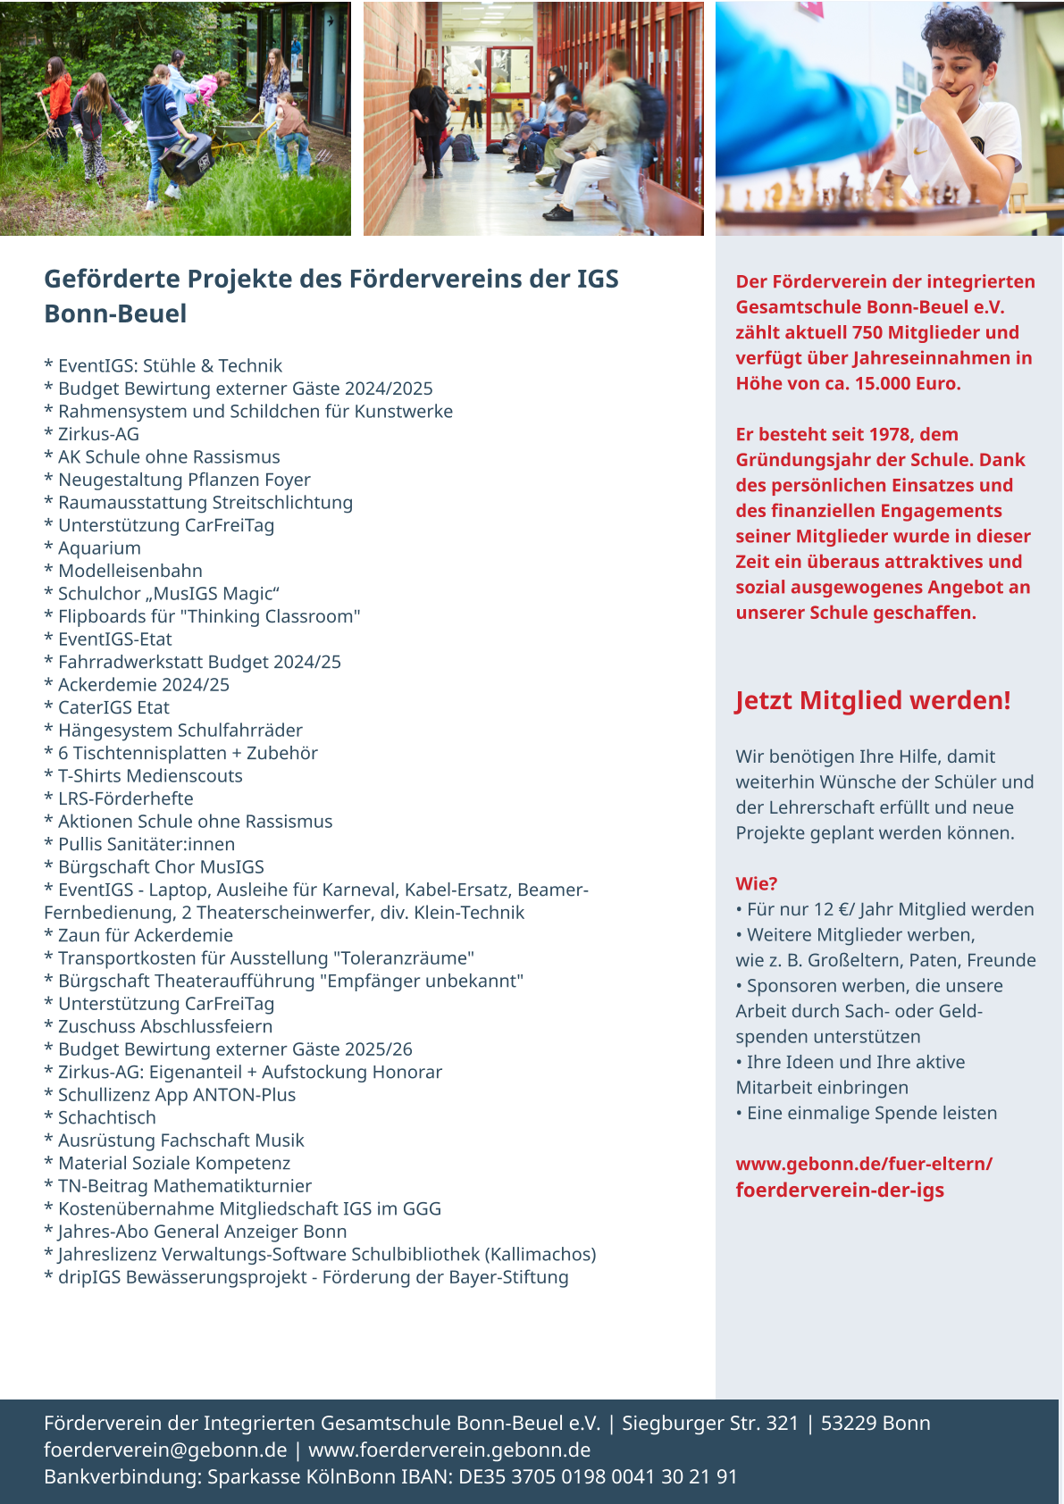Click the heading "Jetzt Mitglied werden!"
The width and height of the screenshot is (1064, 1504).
coord(873,700)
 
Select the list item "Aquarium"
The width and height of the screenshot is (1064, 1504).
coord(99,548)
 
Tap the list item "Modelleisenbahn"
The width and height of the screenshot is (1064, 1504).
coord(130,571)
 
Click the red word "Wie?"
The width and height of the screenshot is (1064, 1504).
coord(756,883)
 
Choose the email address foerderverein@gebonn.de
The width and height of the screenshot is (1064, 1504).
coord(165,1450)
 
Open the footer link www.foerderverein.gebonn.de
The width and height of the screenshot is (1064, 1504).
coord(449,1450)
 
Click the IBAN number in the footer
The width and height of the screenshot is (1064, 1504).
coord(598,1476)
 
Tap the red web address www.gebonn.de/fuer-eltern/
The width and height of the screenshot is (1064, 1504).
coord(864,1164)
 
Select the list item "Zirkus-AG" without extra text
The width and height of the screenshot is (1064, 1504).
coord(98,434)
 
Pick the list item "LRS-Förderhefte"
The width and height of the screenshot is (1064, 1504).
coord(125,798)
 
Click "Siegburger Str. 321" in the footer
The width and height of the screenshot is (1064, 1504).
coord(709,1423)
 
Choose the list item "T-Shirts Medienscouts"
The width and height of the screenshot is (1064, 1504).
coord(150,776)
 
